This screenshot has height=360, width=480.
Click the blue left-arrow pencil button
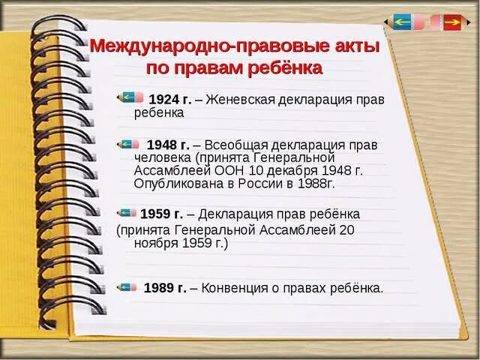[x=403, y=22]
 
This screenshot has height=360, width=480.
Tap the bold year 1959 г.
[x=161, y=214]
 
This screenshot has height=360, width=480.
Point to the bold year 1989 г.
[x=165, y=287]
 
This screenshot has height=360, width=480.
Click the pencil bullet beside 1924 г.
[x=132, y=97]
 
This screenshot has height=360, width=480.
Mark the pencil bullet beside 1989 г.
[x=127, y=286]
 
